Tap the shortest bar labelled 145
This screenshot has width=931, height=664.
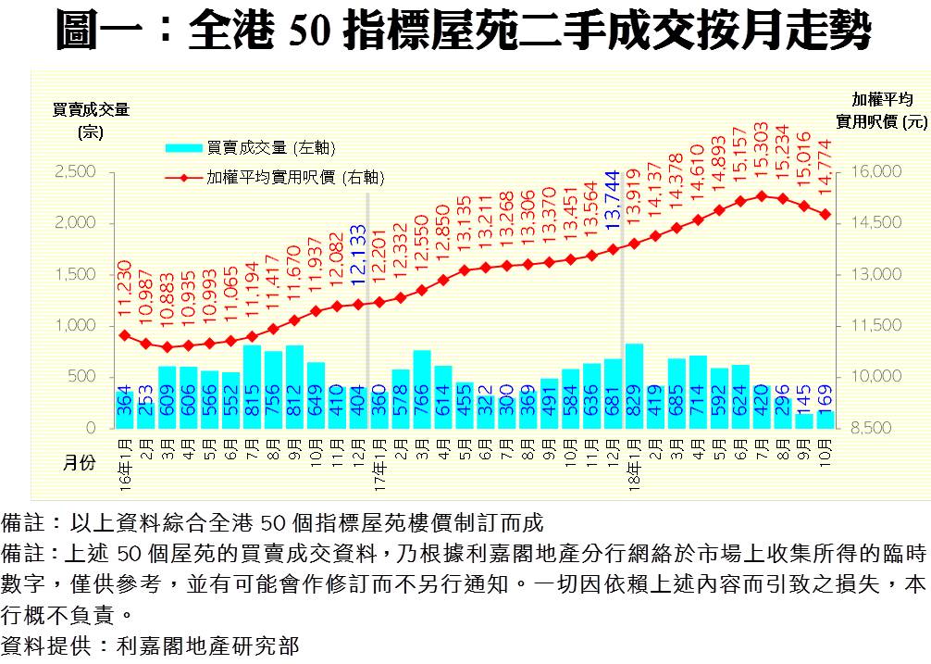coord(804,420)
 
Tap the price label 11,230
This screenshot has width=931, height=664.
coord(125,292)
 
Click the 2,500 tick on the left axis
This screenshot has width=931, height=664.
coord(76,172)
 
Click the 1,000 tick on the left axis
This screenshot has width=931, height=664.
coord(76,326)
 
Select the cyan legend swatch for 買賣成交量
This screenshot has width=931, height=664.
coord(183,147)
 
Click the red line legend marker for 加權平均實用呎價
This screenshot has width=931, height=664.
coord(183,177)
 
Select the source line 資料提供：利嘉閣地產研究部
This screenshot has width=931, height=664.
coord(152,646)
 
